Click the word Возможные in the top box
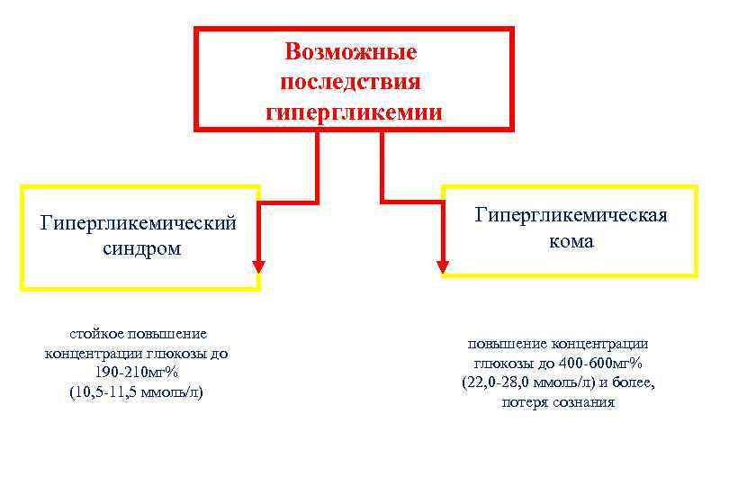pos(351,52)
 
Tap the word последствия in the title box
pos(351,83)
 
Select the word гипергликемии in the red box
pos(354,113)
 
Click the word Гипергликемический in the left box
pos(139,221)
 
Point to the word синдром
pos(141,248)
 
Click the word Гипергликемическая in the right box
pos(571,215)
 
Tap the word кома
pos(571,242)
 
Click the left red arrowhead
pos(259,266)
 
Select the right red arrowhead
pos(442,266)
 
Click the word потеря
pos(525,402)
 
